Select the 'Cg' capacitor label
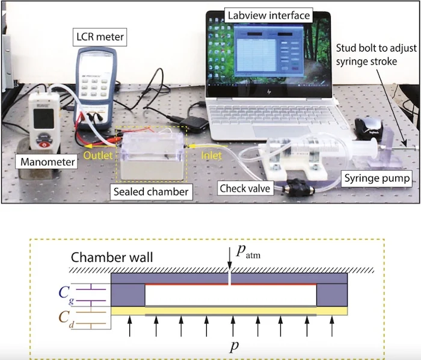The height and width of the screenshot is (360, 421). point(67,293)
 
